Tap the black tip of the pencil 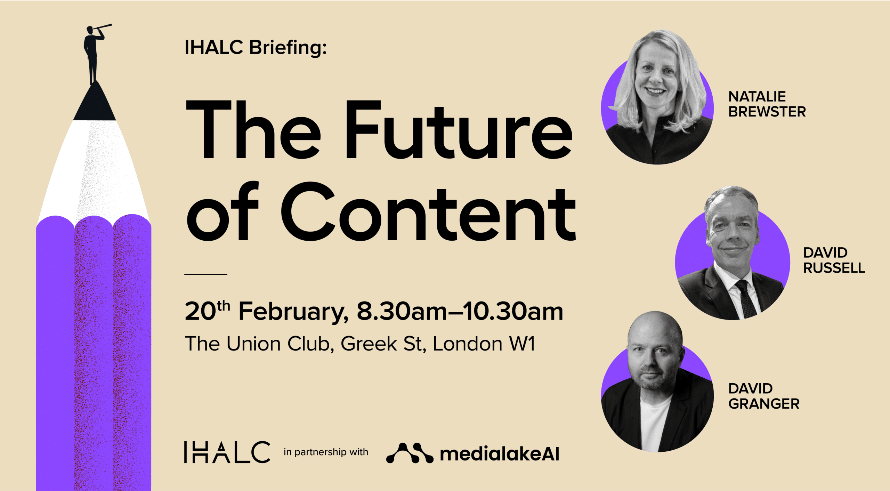94,103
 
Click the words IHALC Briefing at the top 256,48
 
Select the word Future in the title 458,130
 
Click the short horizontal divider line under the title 205,274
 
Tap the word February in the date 293,312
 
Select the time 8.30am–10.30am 460,311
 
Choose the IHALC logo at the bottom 227,452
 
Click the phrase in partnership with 326,452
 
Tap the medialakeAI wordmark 500,454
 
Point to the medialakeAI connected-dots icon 410,453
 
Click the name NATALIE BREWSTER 767,104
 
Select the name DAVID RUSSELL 834,260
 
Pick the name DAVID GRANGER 764,396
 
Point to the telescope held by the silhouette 102,27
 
